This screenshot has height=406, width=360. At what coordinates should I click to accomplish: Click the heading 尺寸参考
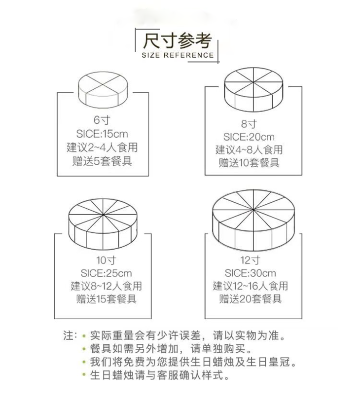pyautogui.click(x=178, y=40)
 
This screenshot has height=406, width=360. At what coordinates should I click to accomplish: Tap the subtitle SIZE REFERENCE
pyautogui.click(x=178, y=55)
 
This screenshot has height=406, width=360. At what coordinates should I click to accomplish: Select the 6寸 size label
pyautogui.click(x=103, y=120)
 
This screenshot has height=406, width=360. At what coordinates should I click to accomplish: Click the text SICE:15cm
pyautogui.click(x=102, y=133)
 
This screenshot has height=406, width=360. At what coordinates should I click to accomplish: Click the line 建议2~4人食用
pyautogui.click(x=102, y=147)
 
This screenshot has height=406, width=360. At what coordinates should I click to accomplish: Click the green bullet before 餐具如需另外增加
pyautogui.click(x=84, y=349)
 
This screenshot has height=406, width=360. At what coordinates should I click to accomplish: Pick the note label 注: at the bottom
pyautogui.click(x=70, y=336)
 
